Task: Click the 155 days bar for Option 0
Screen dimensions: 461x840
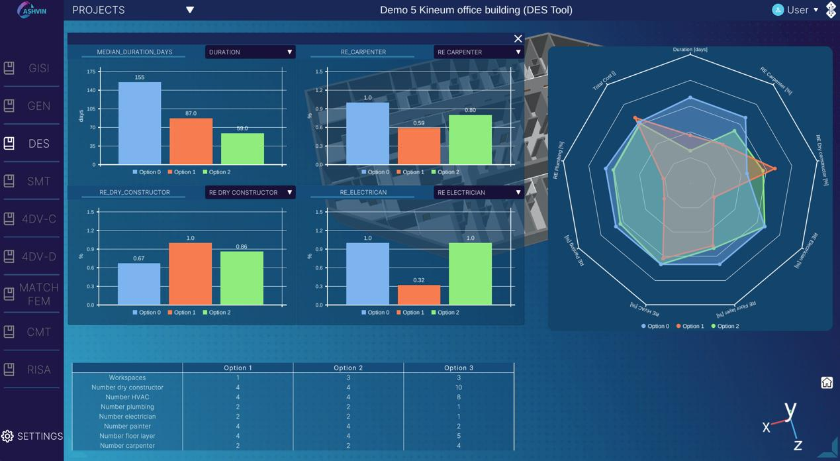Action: point(140,123)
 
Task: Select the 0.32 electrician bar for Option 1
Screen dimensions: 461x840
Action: point(419,295)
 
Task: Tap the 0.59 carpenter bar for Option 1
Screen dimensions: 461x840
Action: point(419,146)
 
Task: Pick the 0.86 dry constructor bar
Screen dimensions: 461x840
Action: point(242,278)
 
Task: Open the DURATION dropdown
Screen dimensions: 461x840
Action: point(250,52)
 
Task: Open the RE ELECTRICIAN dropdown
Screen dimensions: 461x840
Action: point(479,192)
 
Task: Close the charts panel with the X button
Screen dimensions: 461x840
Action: point(518,38)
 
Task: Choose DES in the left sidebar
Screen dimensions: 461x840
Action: point(31,143)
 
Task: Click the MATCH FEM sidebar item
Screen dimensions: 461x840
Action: point(31,294)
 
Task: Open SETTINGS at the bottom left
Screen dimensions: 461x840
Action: point(32,436)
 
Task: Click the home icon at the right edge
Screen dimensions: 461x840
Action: point(827,382)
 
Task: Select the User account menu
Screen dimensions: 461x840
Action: point(796,10)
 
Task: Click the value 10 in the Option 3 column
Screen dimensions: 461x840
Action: point(459,387)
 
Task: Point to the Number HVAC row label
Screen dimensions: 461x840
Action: point(127,397)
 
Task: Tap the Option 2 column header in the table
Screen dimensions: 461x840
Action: point(348,368)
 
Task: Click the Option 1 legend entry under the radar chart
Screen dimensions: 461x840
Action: point(690,326)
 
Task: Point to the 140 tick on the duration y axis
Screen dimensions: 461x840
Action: point(91,90)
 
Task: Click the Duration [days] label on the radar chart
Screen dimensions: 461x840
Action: point(690,49)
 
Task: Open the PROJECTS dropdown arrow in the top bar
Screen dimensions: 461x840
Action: point(190,10)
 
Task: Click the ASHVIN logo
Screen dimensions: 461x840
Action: point(32,10)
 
